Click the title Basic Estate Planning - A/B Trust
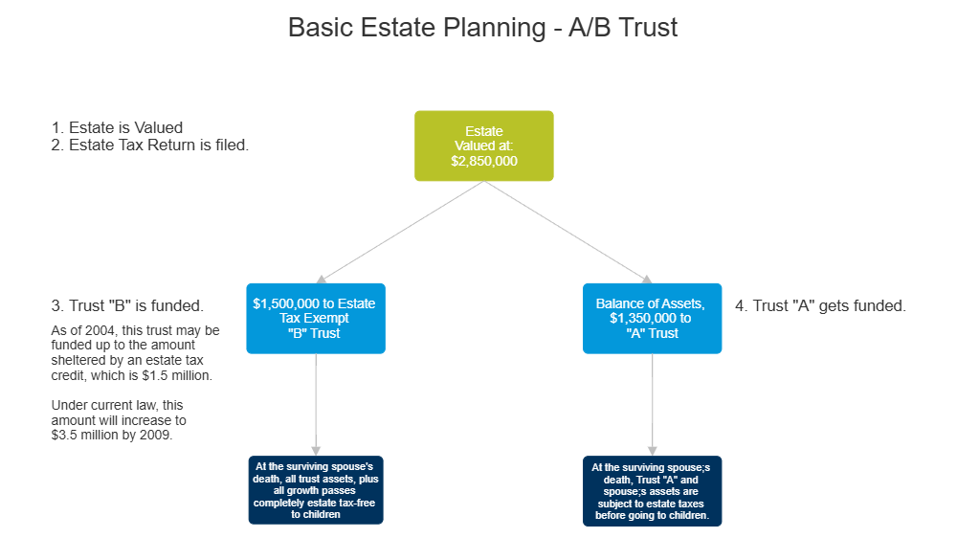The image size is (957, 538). [x=482, y=27]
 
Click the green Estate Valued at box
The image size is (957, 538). [x=483, y=146]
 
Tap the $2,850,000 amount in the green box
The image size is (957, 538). [x=483, y=162]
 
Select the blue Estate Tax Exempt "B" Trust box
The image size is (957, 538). [x=315, y=319]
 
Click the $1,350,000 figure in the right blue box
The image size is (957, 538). [x=650, y=318]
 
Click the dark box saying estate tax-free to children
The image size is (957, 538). [x=315, y=490]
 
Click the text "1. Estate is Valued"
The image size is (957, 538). [x=116, y=127]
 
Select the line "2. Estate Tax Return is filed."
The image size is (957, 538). [x=149, y=146]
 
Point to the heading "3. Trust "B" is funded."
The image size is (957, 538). [x=126, y=306]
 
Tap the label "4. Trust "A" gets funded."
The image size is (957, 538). [x=820, y=306]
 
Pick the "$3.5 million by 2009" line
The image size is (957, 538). [x=113, y=435]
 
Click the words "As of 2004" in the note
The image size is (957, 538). [x=81, y=330]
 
